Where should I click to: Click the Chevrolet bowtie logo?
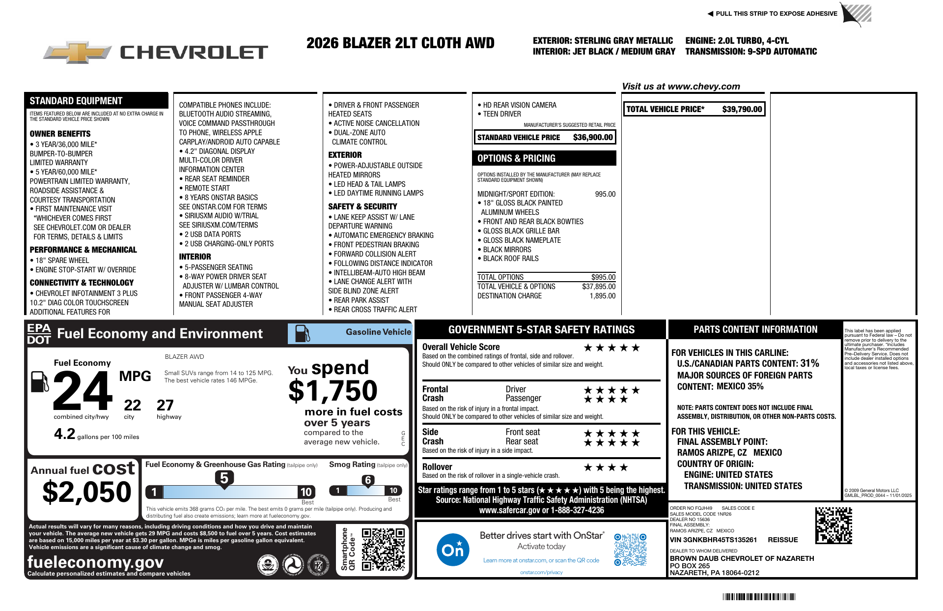coord(77,52)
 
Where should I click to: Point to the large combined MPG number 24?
coord(83,391)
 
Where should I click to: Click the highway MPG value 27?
coord(165,405)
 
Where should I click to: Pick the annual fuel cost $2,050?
coord(87,492)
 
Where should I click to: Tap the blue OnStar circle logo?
coord(452,550)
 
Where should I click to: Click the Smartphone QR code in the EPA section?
coord(383,549)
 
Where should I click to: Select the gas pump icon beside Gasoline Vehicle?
coord(302,333)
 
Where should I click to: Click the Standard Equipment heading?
coord(76,101)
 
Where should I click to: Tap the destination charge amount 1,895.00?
coord(602,296)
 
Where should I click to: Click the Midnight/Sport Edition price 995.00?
coord(605,194)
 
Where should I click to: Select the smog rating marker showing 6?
coord(368,480)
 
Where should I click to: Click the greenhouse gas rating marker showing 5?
coord(224,478)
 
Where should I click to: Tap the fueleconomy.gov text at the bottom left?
coord(95,562)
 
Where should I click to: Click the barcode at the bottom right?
coord(758,597)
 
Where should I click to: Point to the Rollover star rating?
coord(606,467)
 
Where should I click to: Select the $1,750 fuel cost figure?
coord(333,391)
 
